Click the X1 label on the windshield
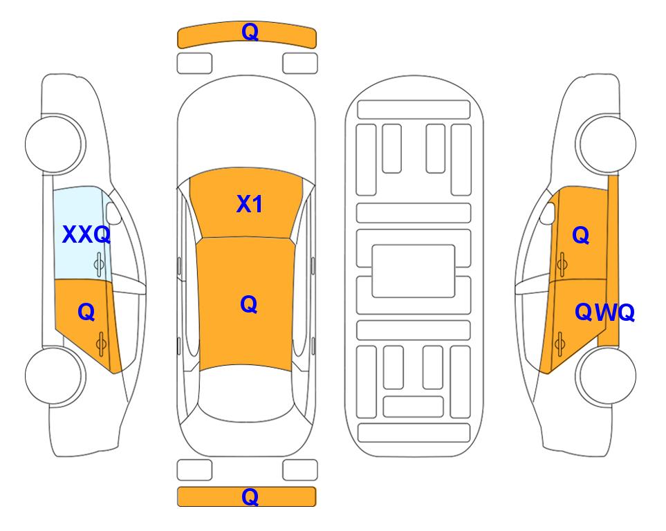click(250, 204)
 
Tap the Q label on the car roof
click(249, 304)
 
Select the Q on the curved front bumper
click(250, 31)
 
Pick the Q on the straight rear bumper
click(250, 496)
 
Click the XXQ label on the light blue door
click(86, 234)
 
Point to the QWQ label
click(604, 313)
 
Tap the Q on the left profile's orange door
click(86, 313)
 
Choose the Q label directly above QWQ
click(581, 234)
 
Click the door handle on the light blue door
click(99, 264)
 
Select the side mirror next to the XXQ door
click(113, 213)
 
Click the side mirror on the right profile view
click(548, 213)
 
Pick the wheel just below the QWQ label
click(606, 375)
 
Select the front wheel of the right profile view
click(606, 144)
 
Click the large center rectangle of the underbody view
click(414, 271)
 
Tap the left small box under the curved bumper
click(194, 64)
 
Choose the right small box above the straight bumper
click(300, 470)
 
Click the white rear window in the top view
click(246, 393)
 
